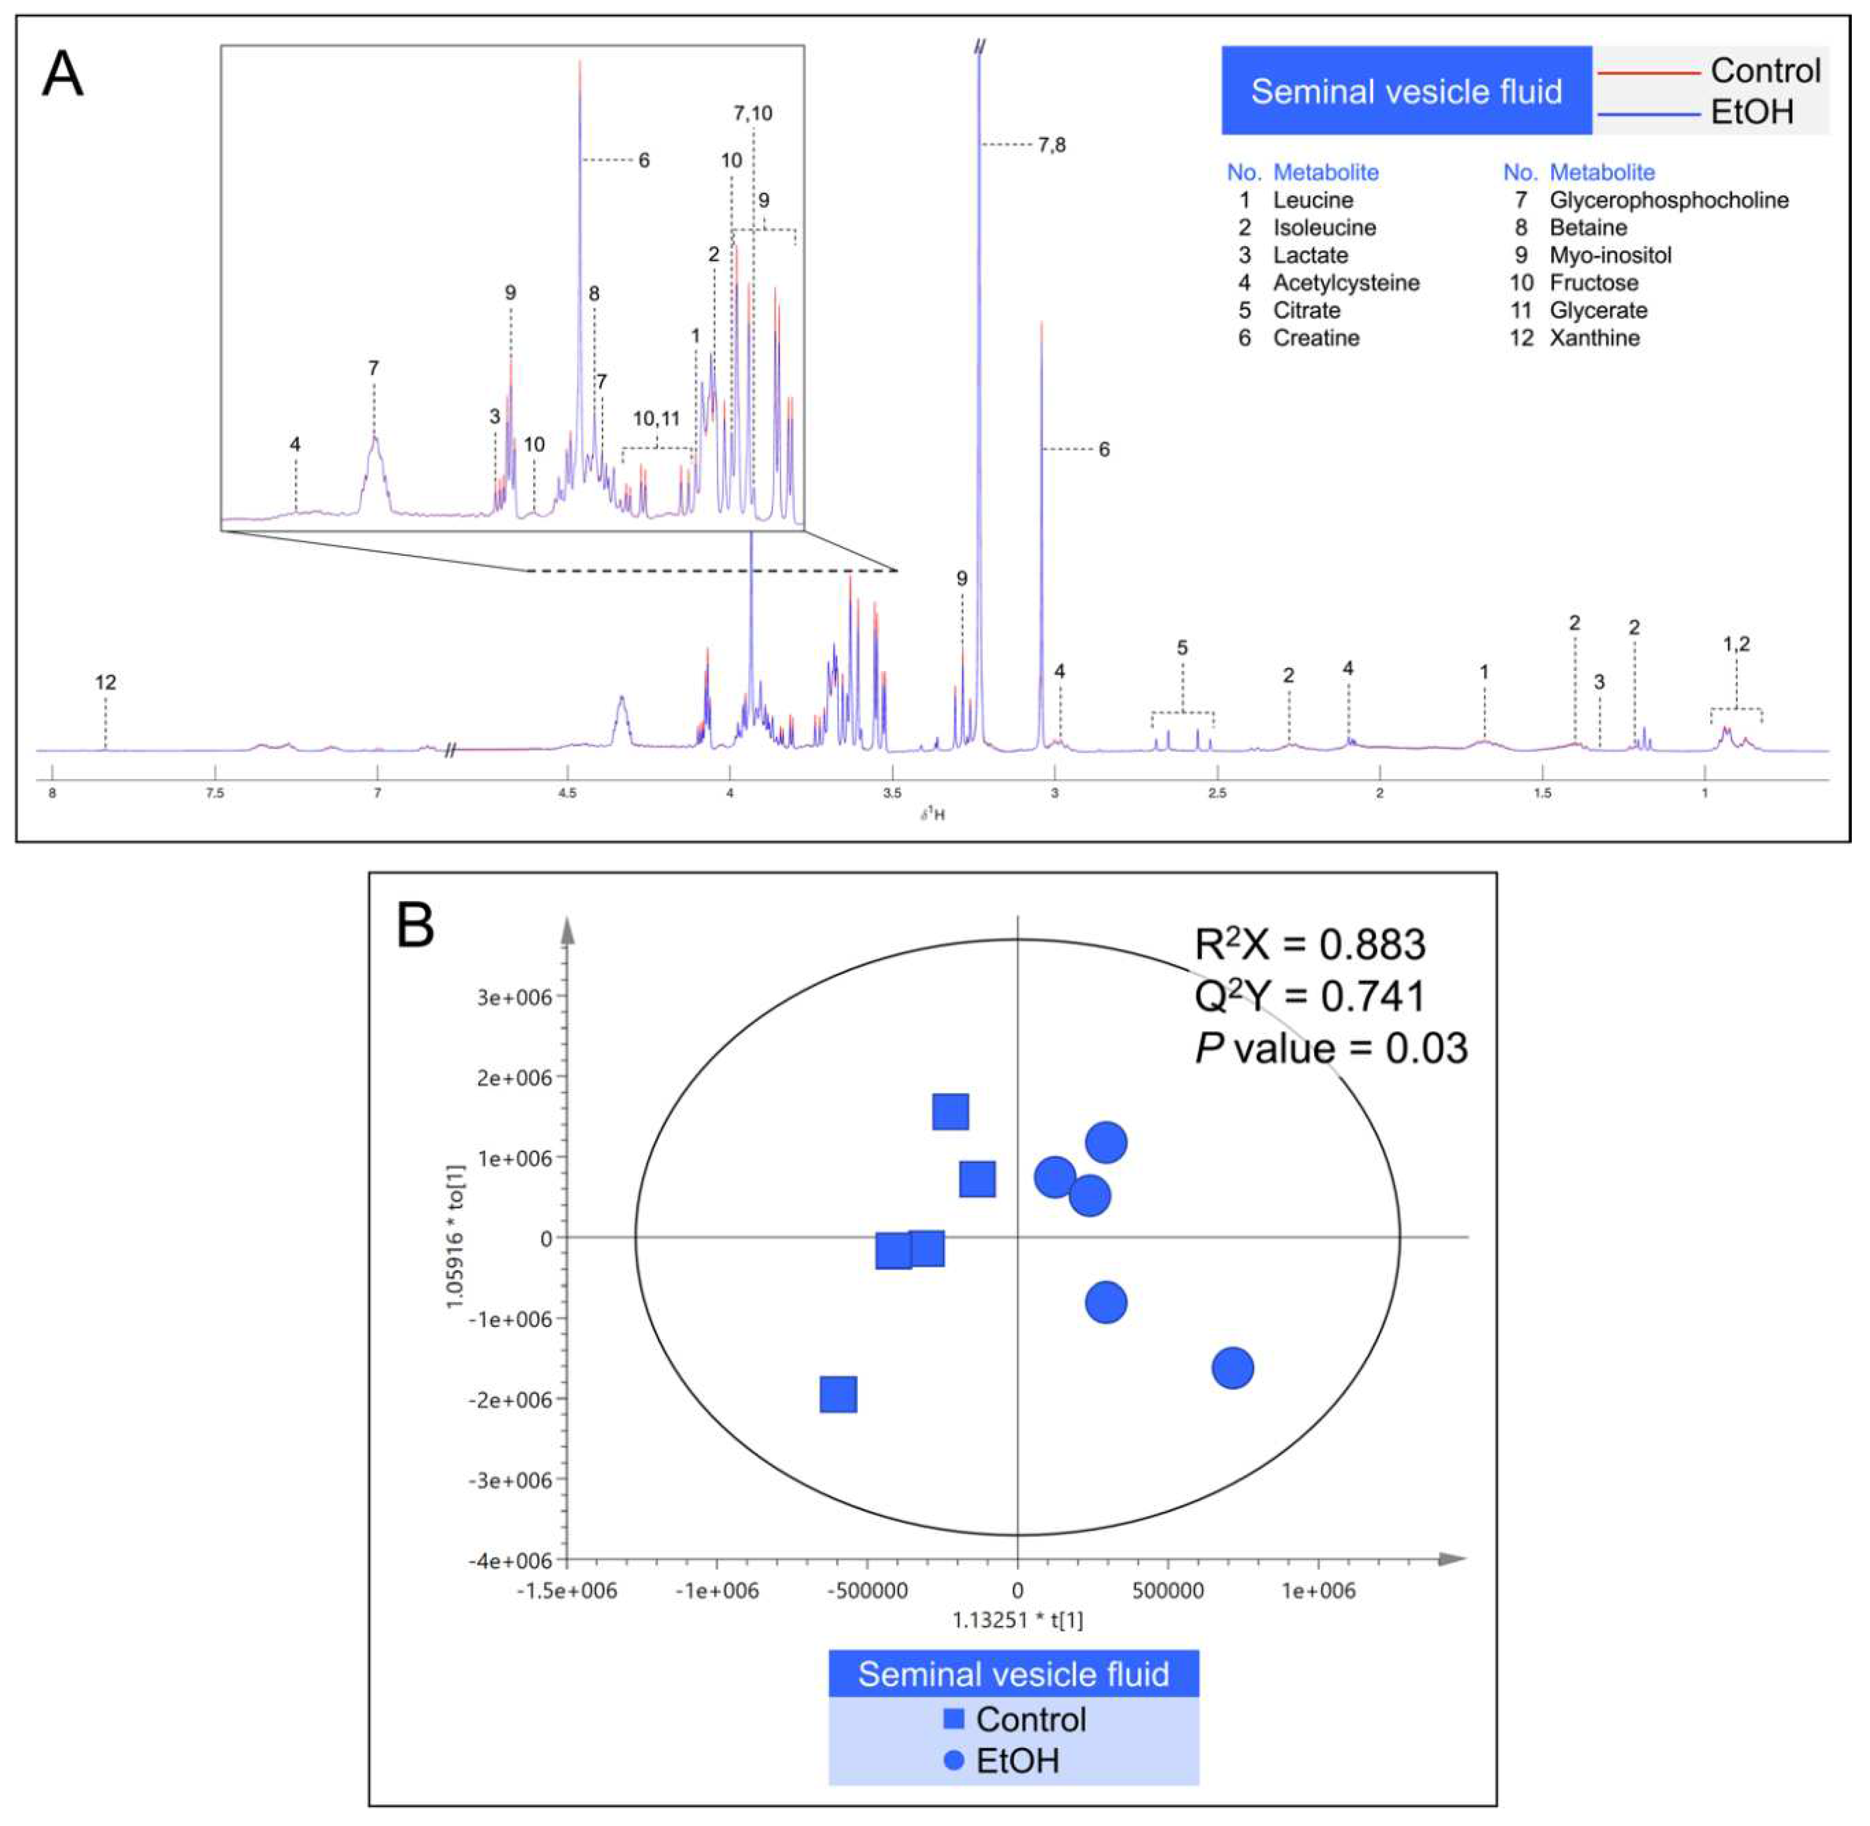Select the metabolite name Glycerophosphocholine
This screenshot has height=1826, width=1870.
(1669, 201)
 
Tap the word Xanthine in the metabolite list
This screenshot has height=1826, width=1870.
(1594, 338)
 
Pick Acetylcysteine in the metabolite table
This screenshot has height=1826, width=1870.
(1345, 283)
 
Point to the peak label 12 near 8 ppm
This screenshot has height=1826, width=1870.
(105, 683)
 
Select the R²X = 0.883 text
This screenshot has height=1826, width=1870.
(1309, 945)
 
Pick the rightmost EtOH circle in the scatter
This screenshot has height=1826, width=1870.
(1232, 1367)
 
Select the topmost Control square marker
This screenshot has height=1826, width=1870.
(951, 1112)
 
